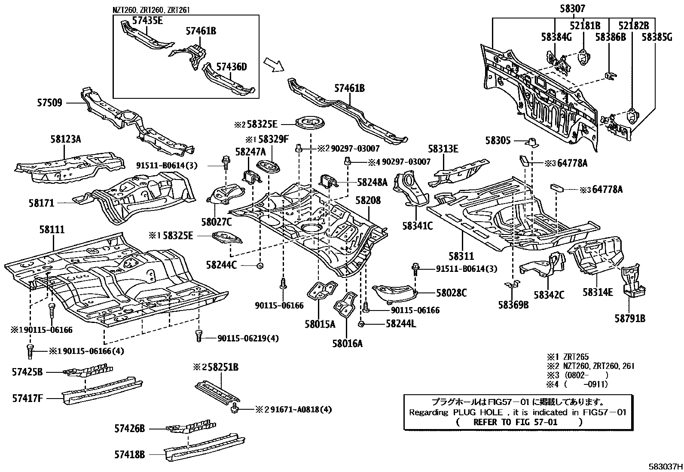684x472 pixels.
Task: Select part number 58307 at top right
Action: pos(572,8)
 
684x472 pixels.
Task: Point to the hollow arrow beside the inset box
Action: pos(273,64)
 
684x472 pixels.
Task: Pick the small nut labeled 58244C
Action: pos(259,265)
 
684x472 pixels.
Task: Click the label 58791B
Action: pos(629,318)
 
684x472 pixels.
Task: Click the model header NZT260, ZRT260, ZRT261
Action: pos(151,9)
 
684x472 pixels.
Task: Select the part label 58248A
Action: pos(372,182)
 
